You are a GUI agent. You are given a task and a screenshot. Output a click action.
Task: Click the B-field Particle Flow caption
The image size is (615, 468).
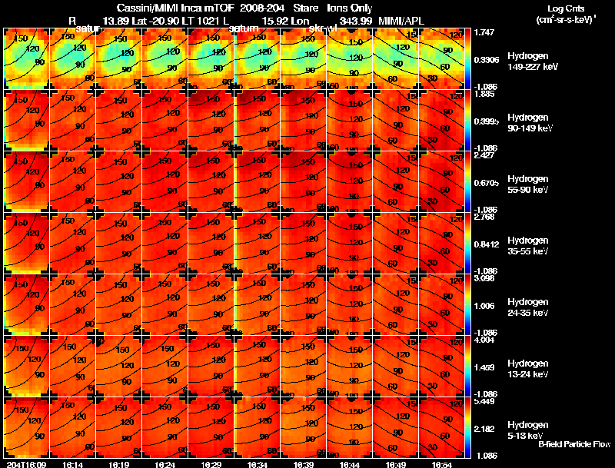(x=574, y=444)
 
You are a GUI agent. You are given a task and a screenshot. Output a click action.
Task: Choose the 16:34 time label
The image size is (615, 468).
(x=258, y=464)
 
